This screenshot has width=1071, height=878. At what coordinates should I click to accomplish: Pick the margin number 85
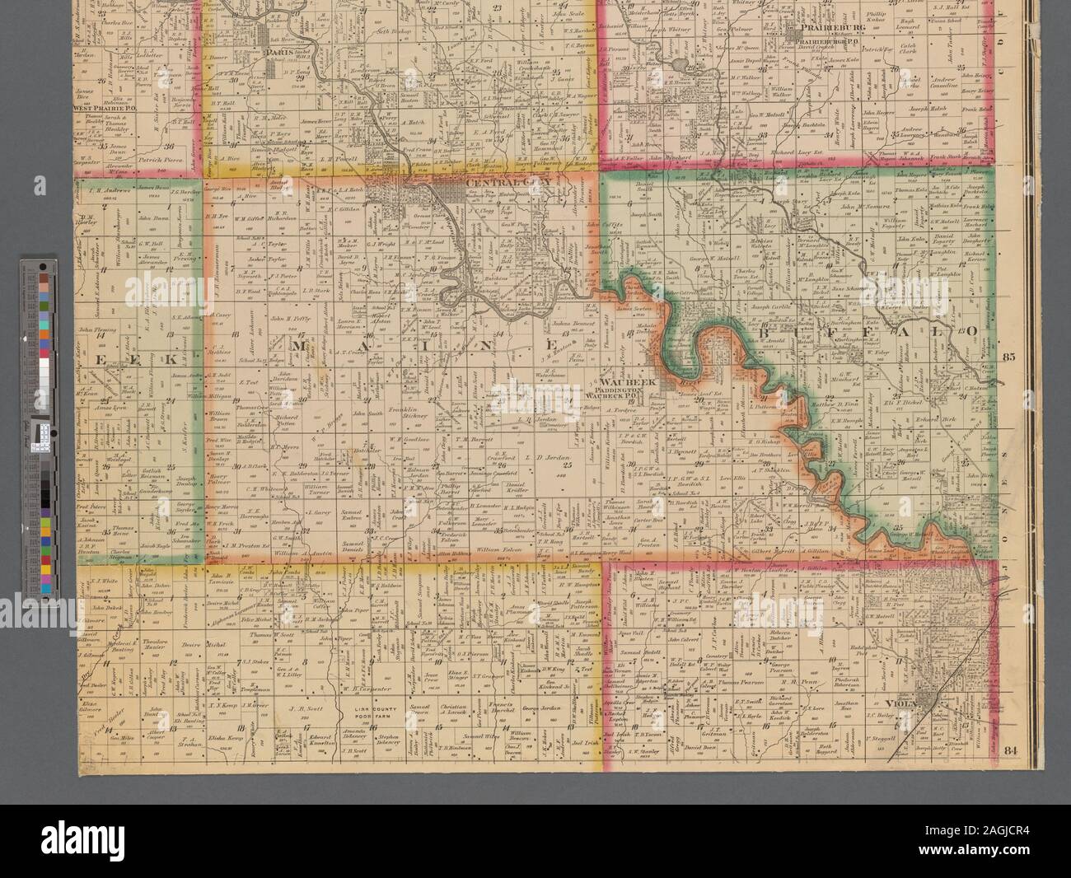[1014, 357]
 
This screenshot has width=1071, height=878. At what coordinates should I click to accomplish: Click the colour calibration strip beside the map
[38, 412]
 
